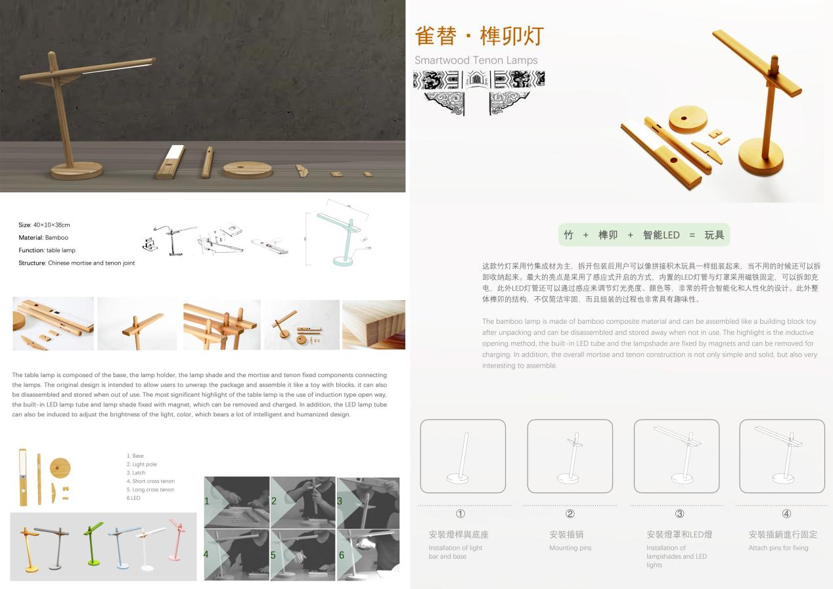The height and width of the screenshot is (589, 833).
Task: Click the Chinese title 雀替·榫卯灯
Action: click(x=479, y=36)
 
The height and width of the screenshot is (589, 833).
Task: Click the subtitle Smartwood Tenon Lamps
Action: click(x=476, y=60)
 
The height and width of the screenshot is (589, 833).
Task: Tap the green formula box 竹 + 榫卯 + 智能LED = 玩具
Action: click(x=644, y=234)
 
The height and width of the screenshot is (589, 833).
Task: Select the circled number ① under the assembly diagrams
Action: click(x=460, y=514)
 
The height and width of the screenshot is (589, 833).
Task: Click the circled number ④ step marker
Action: click(x=786, y=514)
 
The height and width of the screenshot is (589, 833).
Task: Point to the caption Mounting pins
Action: click(x=570, y=548)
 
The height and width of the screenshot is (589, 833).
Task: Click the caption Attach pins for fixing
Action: click(x=778, y=548)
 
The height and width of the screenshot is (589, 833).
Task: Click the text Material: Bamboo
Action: click(x=43, y=238)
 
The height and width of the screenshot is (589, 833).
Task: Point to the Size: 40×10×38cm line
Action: click(x=44, y=225)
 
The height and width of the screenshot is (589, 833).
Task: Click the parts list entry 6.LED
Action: click(x=133, y=498)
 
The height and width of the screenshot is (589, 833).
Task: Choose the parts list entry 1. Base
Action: click(x=135, y=456)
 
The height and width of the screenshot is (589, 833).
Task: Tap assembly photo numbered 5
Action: click(x=302, y=554)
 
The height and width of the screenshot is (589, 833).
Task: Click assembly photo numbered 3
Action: click(x=368, y=502)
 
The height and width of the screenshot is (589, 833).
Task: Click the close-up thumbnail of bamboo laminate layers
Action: click(x=373, y=324)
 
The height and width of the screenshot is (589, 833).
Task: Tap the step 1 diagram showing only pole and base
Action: click(x=462, y=456)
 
